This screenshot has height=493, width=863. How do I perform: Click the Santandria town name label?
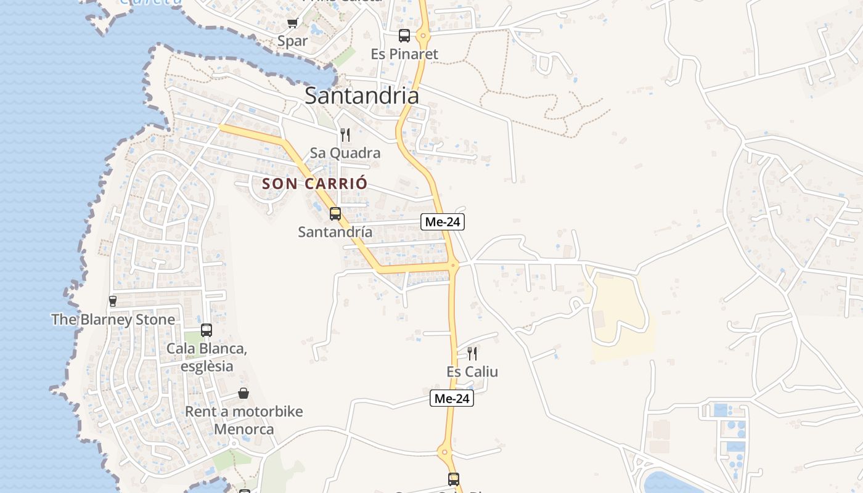click(x=362, y=96)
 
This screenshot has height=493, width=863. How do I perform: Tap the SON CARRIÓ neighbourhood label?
click(x=314, y=184)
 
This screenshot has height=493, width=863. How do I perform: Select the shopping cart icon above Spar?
click(x=292, y=23)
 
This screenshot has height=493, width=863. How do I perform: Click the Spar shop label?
click(x=292, y=41)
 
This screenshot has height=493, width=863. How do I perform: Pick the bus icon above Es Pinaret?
click(x=404, y=36)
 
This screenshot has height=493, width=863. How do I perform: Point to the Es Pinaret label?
click(x=404, y=54)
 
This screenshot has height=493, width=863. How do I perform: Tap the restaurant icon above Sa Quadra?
click(x=345, y=134)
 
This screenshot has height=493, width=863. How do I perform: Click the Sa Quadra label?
click(x=345, y=153)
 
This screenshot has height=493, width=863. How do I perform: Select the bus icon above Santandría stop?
click(x=335, y=214)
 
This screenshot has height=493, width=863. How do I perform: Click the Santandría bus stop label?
click(x=335, y=232)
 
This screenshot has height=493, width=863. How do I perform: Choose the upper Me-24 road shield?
click(x=443, y=222)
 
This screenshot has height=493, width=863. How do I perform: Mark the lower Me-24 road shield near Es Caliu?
click(x=452, y=399)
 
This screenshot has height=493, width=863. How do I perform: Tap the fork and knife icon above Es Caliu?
click(x=472, y=354)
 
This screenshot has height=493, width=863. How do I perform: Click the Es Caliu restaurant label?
click(x=472, y=372)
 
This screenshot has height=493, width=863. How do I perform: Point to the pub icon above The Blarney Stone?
click(x=113, y=301)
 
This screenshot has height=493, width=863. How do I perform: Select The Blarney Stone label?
click(x=113, y=320)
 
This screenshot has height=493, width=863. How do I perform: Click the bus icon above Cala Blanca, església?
click(x=207, y=330)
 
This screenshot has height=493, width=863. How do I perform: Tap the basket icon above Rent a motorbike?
click(x=244, y=393)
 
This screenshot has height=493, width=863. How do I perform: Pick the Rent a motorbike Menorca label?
click(x=244, y=420)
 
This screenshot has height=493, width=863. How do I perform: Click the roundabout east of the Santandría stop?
click(x=454, y=266)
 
